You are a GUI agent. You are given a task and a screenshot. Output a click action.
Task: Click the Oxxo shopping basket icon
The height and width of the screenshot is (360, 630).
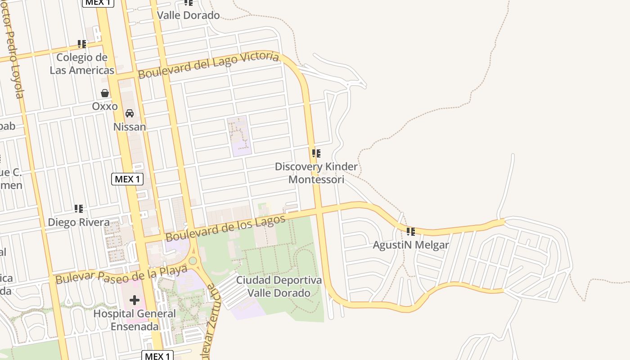click(x=105, y=93)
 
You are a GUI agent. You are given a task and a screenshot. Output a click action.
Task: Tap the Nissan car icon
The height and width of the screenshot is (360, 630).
click(x=130, y=113)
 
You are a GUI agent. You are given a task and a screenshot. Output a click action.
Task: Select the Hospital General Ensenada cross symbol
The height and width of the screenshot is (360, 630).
click(x=134, y=300)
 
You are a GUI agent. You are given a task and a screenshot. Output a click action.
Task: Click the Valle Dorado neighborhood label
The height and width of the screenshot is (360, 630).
click(x=188, y=15)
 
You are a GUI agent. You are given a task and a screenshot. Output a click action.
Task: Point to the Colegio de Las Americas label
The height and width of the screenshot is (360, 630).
click(x=81, y=64)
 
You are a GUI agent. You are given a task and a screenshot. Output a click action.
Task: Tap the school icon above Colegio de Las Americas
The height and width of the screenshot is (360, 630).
click(x=81, y=44)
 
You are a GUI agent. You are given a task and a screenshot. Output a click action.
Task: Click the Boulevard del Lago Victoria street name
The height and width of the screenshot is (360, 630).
click(x=208, y=65)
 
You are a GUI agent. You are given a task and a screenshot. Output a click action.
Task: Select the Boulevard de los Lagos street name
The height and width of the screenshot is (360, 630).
click(x=225, y=228)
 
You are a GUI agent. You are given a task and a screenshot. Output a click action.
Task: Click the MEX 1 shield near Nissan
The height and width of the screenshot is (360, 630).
click(x=127, y=179)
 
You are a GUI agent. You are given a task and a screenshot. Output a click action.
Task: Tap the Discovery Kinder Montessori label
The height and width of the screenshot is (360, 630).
click(x=316, y=173)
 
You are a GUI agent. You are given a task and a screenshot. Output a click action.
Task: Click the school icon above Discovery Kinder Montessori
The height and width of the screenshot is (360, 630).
click(x=316, y=153)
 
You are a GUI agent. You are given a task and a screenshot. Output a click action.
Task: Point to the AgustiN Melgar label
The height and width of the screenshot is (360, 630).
click(x=411, y=245)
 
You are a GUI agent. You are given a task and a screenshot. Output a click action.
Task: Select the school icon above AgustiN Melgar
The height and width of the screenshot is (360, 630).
click(x=411, y=232)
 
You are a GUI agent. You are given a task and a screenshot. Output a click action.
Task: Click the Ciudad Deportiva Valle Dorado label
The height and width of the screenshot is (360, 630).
click(x=279, y=287)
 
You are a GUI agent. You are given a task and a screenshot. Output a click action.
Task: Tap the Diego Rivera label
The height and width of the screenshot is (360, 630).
click(x=79, y=222)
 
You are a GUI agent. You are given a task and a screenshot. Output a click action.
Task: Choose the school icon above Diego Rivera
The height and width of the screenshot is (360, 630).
click(x=79, y=209)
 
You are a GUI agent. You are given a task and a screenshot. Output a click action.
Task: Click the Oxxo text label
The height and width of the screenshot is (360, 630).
click(x=105, y=107)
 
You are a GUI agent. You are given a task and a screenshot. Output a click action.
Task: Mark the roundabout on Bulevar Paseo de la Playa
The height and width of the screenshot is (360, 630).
click(x=193, y=261)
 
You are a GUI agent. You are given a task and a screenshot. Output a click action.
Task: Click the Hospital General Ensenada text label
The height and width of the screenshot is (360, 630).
click(x=135, y=320)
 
